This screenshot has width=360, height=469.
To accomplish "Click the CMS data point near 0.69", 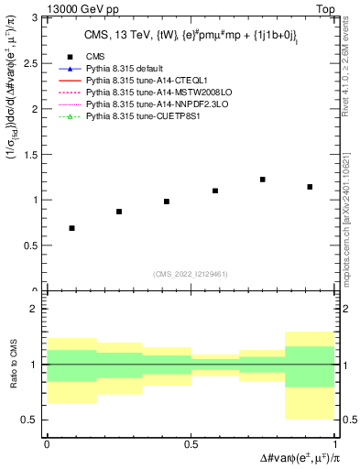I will [x=71, y=228].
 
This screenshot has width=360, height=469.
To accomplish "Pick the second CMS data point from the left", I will [x=119, y=212].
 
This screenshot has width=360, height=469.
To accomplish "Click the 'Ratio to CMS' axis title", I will [x=13, y=365].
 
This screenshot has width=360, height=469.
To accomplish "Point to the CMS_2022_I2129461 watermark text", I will [x=191, y=273].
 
